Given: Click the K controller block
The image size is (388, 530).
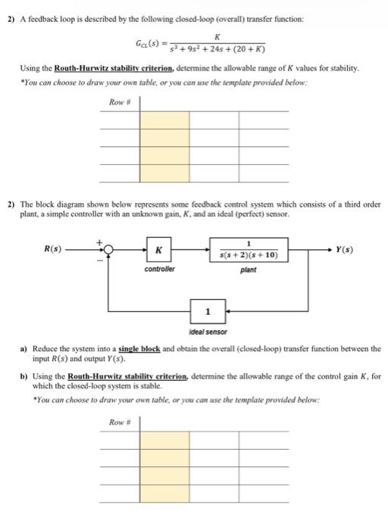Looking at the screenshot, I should point(159,229).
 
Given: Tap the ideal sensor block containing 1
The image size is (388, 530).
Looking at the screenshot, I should point(208,312).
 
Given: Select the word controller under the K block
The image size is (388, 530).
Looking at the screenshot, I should point(159,248).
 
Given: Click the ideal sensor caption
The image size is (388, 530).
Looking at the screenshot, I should point(208,332).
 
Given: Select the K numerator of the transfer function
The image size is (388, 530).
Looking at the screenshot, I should point(217,36).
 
